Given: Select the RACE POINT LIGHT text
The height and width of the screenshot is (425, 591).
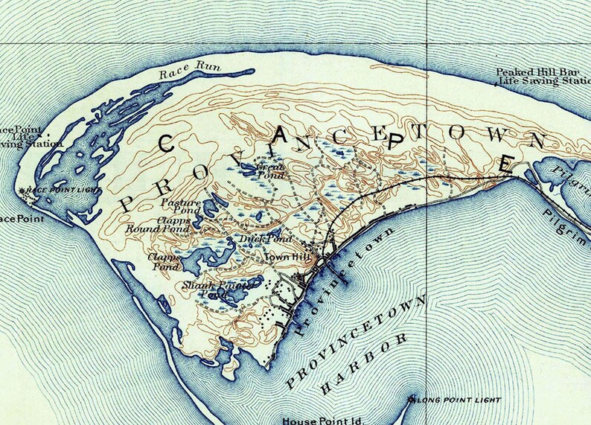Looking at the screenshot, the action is [x=57, y=191].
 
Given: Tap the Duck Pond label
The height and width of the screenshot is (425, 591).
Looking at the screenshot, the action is [x=256, y=239].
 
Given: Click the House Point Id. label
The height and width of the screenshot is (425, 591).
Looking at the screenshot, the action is [x=322, y=420].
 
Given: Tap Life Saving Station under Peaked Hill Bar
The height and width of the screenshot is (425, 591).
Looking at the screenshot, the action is [x=543, y=82].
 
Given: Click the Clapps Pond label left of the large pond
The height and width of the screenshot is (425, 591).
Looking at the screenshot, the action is [x=164, y=261].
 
